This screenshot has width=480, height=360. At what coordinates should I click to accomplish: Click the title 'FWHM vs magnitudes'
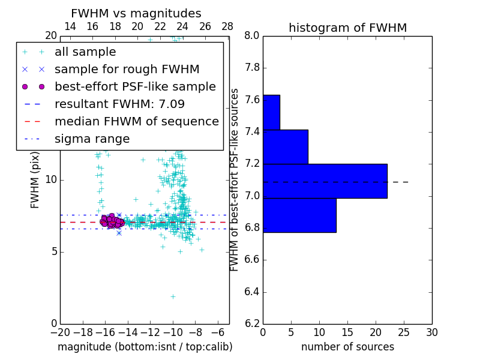[x=136, y=14]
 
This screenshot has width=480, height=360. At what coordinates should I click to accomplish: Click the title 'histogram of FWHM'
[x=347, y=28]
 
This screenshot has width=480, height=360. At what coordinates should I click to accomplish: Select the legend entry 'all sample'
[x=85, y=52]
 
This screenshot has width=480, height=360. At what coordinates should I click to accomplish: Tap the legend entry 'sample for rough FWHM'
[x=127, y=69]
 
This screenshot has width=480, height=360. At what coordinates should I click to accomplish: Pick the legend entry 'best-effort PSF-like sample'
[x=135, y=86]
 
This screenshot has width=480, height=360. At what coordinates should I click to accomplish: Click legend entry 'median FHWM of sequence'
[x=136, y=121]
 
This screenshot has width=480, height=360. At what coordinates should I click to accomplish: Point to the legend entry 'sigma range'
[x=92, y=139]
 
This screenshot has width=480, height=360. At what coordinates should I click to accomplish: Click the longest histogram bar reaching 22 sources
[x=325, y=181]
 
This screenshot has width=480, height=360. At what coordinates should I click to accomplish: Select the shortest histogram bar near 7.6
[x=271, y=112]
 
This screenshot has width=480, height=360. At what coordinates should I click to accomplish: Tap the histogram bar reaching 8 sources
[x=285, y=146]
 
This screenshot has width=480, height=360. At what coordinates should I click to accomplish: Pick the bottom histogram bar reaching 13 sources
[x=299, y=215]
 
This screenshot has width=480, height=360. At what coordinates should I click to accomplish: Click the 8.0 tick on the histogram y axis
[x=252, y=36]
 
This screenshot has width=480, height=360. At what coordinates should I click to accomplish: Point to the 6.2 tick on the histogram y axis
[x=252, y=324]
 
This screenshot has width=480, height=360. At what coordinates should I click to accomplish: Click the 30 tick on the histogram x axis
[x=431, y=332]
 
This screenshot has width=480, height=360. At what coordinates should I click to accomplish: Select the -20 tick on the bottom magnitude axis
[x=60, y=332]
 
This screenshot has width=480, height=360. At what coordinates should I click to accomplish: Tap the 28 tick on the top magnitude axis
[x=227, y=26]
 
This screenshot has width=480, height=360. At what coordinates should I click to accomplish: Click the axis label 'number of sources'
[x=347, y=347]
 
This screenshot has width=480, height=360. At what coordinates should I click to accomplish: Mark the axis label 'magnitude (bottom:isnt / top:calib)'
[x=145, y=347]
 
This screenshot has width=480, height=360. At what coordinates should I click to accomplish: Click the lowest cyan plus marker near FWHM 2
[x=173, y=296]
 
